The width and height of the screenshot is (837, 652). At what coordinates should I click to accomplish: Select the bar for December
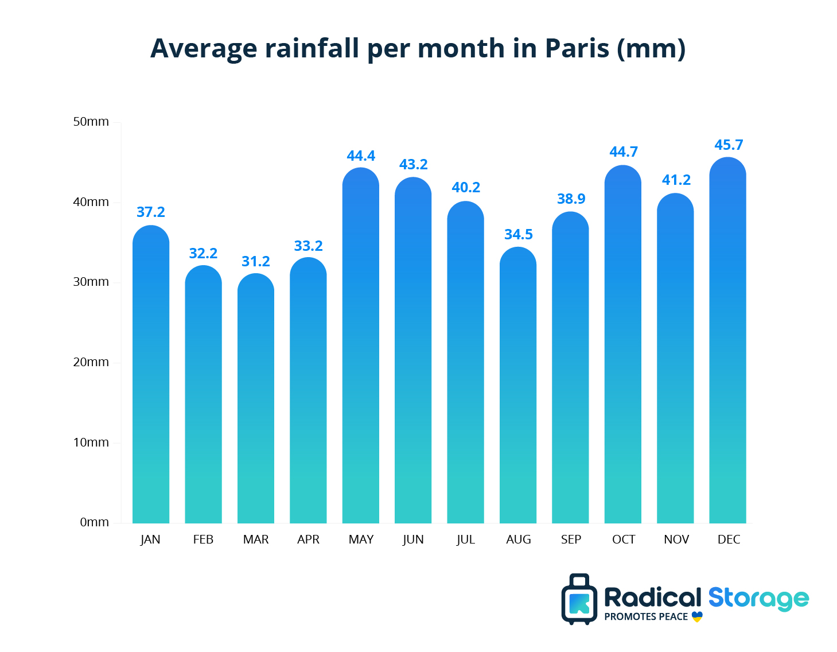tap(727, 344)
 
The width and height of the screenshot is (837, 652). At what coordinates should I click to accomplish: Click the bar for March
tap(255, 402)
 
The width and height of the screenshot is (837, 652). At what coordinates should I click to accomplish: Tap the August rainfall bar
tap(518, 390)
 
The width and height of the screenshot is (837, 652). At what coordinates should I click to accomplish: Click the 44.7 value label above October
tap(624, 152)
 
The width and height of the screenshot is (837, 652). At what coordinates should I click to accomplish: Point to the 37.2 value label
tap(151, 212)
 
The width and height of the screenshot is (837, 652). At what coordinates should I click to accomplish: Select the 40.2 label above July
tap(466, 188)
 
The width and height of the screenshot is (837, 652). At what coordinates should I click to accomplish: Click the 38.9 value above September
tap(571, 199)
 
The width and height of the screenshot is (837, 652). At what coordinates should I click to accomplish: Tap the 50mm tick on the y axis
tap(91, 122)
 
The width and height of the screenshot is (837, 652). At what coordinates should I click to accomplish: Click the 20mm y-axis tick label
tap(91, 362)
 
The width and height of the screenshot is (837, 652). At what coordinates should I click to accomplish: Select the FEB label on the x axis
tap(203, 540)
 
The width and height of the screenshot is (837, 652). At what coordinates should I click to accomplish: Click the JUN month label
tap(413, 540)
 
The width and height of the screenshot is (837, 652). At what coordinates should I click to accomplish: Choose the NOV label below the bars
tap(676, 540)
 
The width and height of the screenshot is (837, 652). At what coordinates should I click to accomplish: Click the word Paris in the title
tap(577, 48)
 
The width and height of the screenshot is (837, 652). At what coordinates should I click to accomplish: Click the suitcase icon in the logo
tap(579, 600)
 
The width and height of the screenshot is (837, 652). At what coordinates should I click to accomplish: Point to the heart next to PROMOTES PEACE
tap(697, 617)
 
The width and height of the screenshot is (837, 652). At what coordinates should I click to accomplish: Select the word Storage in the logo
tap(758, 599)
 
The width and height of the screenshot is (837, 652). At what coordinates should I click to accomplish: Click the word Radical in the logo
tap(652, 598)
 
